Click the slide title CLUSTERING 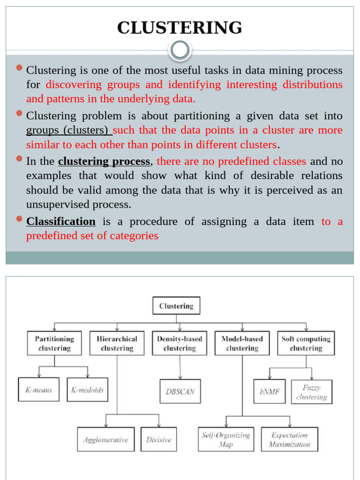[x=180, y=28]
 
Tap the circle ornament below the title [x=180, y=50]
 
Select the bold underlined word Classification [x=61, y=221]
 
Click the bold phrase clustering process [x=104, y=162]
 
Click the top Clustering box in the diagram [x=176, y=306]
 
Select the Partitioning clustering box [x=54, y=344]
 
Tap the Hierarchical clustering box [x=117, y=344]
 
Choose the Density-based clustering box [x=180, y=344]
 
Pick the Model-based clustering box [x=242, y=344]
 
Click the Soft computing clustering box [x=306, y=344]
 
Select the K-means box [x=39, y=390]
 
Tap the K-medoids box [x=87, y=390]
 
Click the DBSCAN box [x=180, y=391]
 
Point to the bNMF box [x=270, y=391]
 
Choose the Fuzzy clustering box [x=311, y=392]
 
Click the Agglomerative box [x=105, y=440]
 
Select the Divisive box [x=158, y=440]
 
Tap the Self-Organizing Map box [x=226, y=440]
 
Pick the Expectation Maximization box [x=289, y=440]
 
